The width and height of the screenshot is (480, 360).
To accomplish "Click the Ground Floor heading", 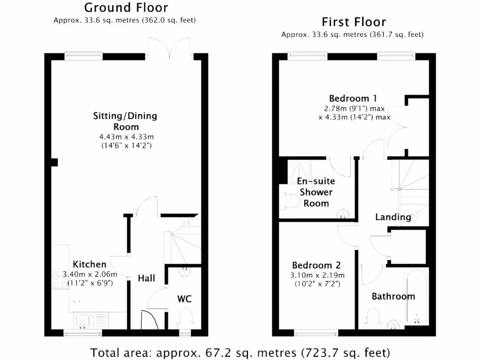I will pyautogui.click(x=126, y=8).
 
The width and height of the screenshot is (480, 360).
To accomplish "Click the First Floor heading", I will pyautogui.click(x=353, y=22).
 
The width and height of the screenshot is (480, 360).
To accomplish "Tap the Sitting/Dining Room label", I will pyautogui.click(x=125, y=121).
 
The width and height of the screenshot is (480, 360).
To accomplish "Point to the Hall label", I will pyautogui.click(x=146, y=278).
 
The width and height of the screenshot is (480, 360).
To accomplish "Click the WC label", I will pyautogui.click(x=184, y=299).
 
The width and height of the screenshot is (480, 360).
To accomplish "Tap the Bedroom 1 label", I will pyautogui.click(x=353, y=98).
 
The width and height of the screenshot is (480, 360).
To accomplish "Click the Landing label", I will pyautogui.click(x=393, y=217).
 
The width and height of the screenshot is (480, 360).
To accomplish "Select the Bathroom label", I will pyautogui.click(x=393, y=296).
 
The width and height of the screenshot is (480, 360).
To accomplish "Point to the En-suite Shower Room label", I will pyautogui.click(x=316, y=192).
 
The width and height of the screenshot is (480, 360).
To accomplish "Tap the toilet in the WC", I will pyautogui.click(x=186, y=321).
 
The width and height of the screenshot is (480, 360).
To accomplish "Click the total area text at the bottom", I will pyautogui.click(x=240, y=352).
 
